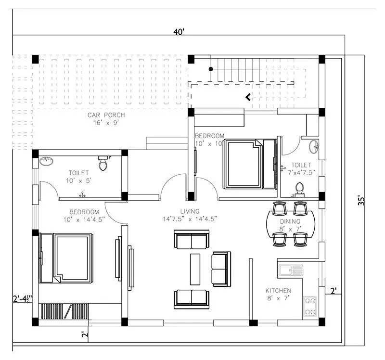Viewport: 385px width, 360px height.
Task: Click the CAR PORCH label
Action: [x=106, y=115]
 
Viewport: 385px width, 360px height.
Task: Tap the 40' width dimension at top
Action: [x=179, y=32]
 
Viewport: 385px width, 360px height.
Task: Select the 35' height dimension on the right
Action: [x=362, y=200]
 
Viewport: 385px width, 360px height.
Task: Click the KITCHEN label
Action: [x=278, y=291]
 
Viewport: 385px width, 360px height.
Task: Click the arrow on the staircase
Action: [x=248, y=97]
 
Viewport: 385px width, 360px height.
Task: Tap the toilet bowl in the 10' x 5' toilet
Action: [x=103, y=165]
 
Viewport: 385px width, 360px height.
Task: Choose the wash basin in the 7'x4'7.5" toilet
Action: [x=314, y=146]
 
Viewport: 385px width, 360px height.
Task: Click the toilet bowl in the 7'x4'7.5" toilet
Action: [x=299, y=189]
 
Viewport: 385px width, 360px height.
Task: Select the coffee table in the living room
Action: [x=195, y=269]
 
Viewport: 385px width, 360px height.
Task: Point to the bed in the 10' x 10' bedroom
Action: [x=247, y=164]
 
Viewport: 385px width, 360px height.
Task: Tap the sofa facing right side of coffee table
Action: [x=221, y=269]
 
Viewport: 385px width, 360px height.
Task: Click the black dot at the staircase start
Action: [x=210, y=69]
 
